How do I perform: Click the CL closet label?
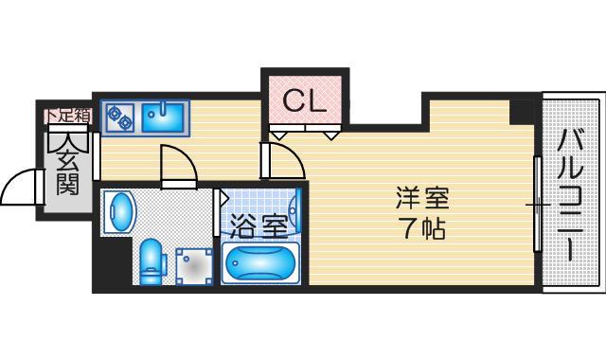[x=305, y=101]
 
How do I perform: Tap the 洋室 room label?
[x=422, y=198]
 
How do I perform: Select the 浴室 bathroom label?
[x=258, y=225]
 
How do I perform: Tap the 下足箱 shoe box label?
[x=69, y=116]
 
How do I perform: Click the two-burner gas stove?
[x=118, y=117]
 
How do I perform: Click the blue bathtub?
[x=261, y=263]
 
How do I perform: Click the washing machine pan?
[x=194, y=266]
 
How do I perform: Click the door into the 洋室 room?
[x=282, y=160]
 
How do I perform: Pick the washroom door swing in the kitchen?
[x=179, y=165]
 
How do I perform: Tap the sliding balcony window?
[x=538, y=204]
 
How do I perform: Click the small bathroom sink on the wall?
[x=294, y=211]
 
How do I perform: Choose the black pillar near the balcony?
[x=522, y=113]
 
